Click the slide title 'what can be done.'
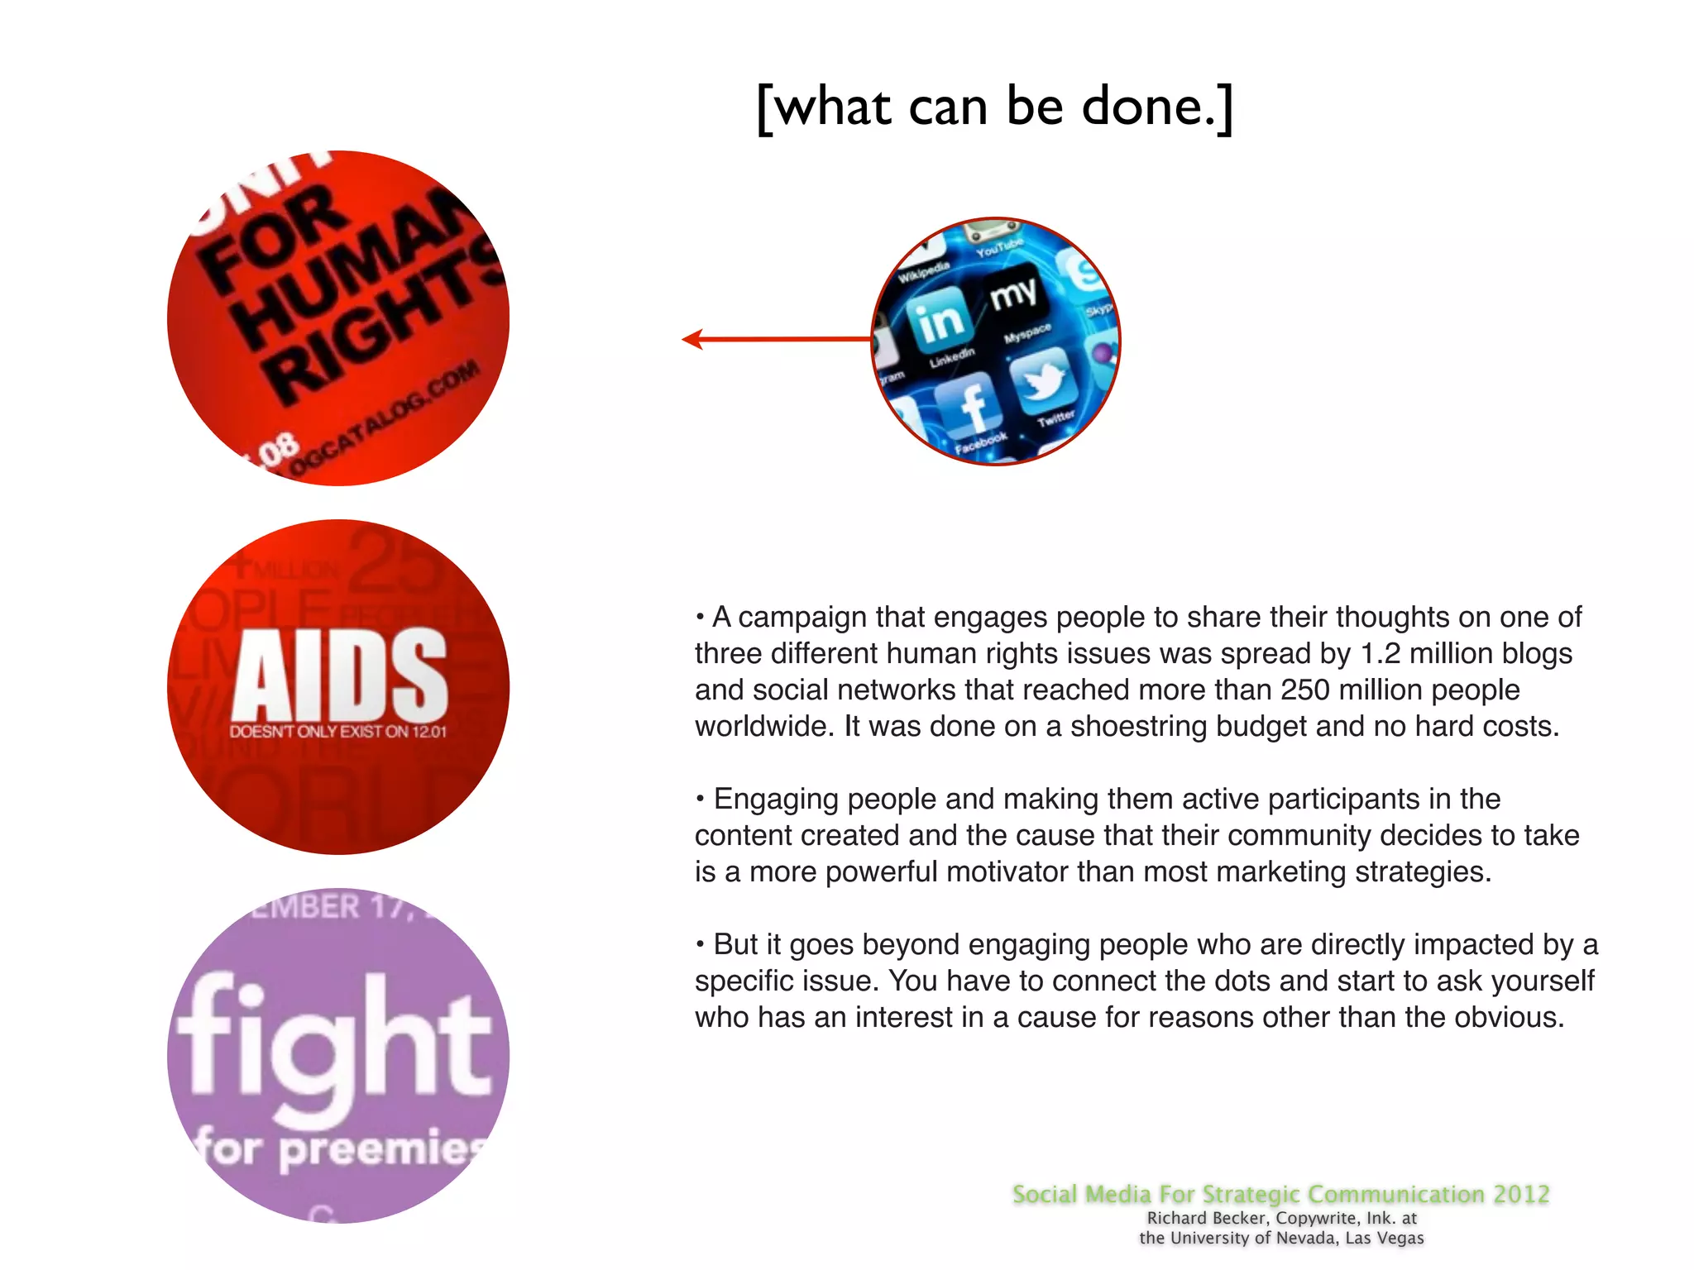(x=994, y=107)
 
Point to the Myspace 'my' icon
(x=1013, y=294)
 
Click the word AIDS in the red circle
(x=339, y=674)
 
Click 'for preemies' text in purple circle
(x=339, y=1149)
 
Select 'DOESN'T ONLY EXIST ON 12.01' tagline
(x=337, y=732)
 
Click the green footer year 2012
(x=1521, y=1194)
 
